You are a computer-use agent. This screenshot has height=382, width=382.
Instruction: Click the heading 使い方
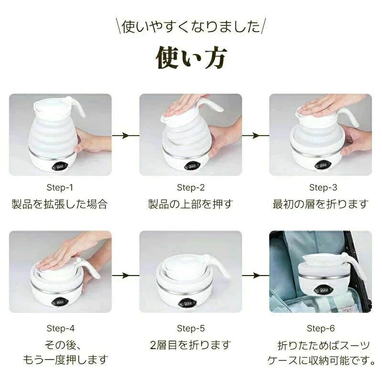pos(191,57)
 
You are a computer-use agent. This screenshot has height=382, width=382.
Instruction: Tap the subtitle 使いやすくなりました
pos(191,26)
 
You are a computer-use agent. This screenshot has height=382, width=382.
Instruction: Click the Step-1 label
pos(60,187)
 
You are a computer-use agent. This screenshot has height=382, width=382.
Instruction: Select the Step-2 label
pos(191,187)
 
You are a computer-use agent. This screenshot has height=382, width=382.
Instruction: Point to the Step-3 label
pos(323,187)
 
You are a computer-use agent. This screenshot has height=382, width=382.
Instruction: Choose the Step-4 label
pos(61,328)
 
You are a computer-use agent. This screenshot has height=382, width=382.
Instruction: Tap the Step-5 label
pos(191,328)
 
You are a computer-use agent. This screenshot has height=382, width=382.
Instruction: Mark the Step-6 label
pos(320,328)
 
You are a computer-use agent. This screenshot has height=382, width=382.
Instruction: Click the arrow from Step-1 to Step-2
pos(126,136)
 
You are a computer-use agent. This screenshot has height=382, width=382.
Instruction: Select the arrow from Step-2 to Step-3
pos(255,136)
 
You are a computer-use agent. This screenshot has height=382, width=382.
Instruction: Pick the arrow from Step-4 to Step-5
pos(126,276)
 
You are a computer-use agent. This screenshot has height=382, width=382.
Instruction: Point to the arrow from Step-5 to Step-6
pos(255,276)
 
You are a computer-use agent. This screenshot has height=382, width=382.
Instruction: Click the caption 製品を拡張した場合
pos(60,204)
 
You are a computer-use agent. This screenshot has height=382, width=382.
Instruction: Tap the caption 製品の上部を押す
pos(191,204)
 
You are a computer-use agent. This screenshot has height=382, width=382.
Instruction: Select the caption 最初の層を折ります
pos(320,204)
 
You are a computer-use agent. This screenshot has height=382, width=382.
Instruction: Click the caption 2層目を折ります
pos(191,345)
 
